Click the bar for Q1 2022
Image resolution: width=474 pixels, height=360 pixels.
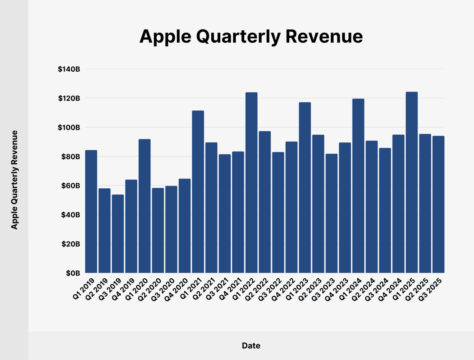[251, 183]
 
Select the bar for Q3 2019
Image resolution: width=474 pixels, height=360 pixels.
[118, 234]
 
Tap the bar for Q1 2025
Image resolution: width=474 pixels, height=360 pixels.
[411, 182]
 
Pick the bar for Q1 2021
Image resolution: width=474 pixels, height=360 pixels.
[198, 192]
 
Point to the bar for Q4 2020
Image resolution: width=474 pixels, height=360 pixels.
[185, 226]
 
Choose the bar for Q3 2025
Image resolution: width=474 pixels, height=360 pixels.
[438, 204]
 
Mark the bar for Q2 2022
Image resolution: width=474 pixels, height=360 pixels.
[265, 202]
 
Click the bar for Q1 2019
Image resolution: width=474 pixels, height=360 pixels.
[91, 211]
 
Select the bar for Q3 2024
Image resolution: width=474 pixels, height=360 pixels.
[385, 210]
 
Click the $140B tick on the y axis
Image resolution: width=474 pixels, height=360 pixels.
[69, 69]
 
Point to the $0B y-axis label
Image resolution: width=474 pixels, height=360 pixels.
[73, 273]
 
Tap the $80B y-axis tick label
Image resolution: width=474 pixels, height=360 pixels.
[71, 157]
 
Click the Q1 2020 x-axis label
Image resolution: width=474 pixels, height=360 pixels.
[137, 289]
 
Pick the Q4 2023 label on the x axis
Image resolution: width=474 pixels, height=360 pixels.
[337, 289]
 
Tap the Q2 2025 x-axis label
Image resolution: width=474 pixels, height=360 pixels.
[417, 289]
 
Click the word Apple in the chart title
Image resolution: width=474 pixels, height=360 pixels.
[165, 37]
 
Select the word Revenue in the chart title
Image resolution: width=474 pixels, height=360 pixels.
[324, 37]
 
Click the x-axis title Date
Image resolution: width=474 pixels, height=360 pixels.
[251, 345]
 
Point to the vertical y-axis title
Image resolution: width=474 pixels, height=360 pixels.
[15, 180]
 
